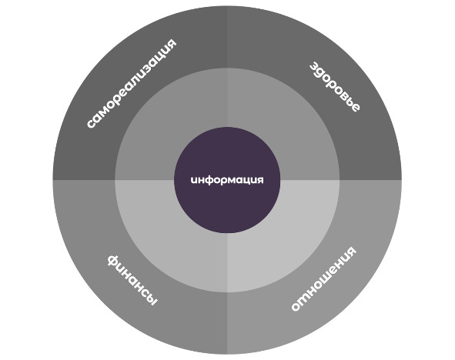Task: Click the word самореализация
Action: click(x=132, y=83)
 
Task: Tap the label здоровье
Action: click(x=335, y=86)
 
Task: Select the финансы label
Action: click(x=132, y=280)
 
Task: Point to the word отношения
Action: click(x=323, y=278)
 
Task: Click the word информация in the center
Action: click(x=227, y=180)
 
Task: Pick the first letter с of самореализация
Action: click(x=91, y=124)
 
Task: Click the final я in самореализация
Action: click(x=171, y=44)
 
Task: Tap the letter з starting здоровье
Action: click(x=314, y=67)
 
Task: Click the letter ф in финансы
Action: click(x=114, y=261)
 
